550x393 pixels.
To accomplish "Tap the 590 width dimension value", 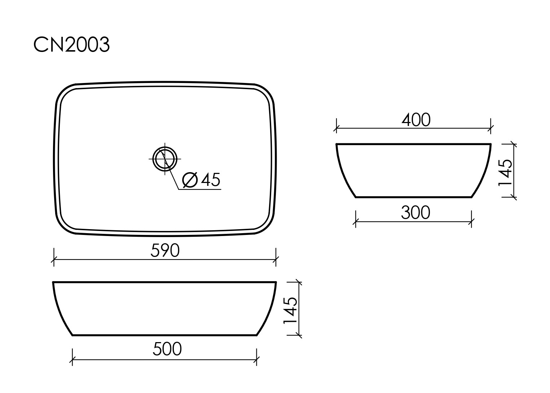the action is (165, 251).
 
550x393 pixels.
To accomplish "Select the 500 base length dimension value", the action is (167, 349).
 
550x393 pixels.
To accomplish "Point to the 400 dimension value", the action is (416, 120).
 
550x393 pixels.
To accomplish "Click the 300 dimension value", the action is (415, 213).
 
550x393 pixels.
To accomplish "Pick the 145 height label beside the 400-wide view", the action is (505, 173).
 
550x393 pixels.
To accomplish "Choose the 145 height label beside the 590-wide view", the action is (290, 311).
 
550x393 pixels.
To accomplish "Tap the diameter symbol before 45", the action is (190, 180).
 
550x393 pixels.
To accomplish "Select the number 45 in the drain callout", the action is (211, 180).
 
